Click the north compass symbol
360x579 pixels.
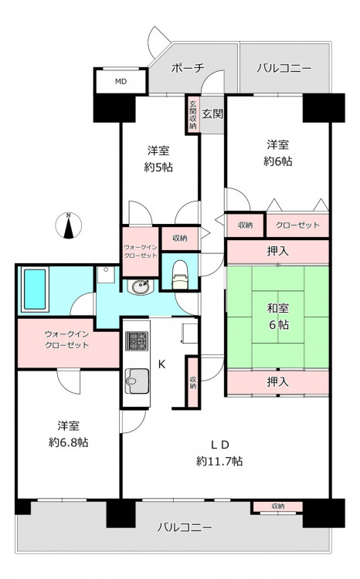point(69,225)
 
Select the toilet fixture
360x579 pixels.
point(181,274)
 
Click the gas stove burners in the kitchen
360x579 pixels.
point(137,340)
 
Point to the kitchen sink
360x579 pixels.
point(137,381)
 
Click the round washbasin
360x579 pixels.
point(140,286)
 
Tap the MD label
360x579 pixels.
point(121,82)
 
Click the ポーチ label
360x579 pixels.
point(188,68)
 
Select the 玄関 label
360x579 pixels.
point(212,113)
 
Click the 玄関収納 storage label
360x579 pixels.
point(192,115)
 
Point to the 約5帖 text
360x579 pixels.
point(158,168)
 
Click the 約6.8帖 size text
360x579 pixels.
point(69,442)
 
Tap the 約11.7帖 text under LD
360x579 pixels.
point(219,461)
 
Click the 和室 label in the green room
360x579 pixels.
point(278,308)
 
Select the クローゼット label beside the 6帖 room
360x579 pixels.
point(297,225)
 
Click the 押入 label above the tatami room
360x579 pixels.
point(277,252)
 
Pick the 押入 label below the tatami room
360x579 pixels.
point(277,382)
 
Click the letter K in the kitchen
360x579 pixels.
point(161,364)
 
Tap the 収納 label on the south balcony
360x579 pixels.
point(277,506)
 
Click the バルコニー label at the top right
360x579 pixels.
point(284,68)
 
